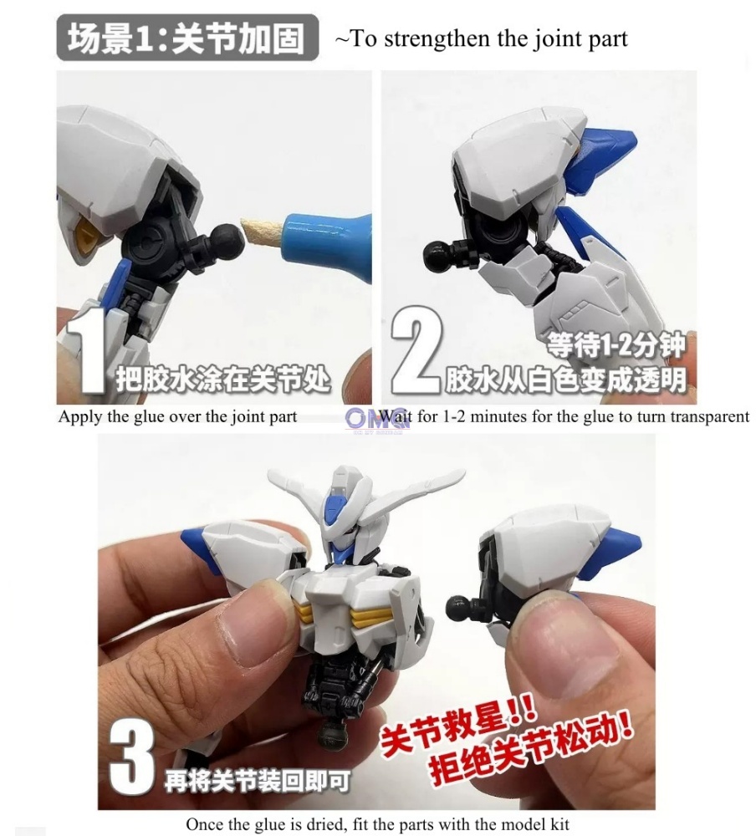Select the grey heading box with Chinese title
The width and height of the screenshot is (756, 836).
tap(187, 38)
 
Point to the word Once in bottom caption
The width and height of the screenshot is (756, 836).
tap(205, 824)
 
